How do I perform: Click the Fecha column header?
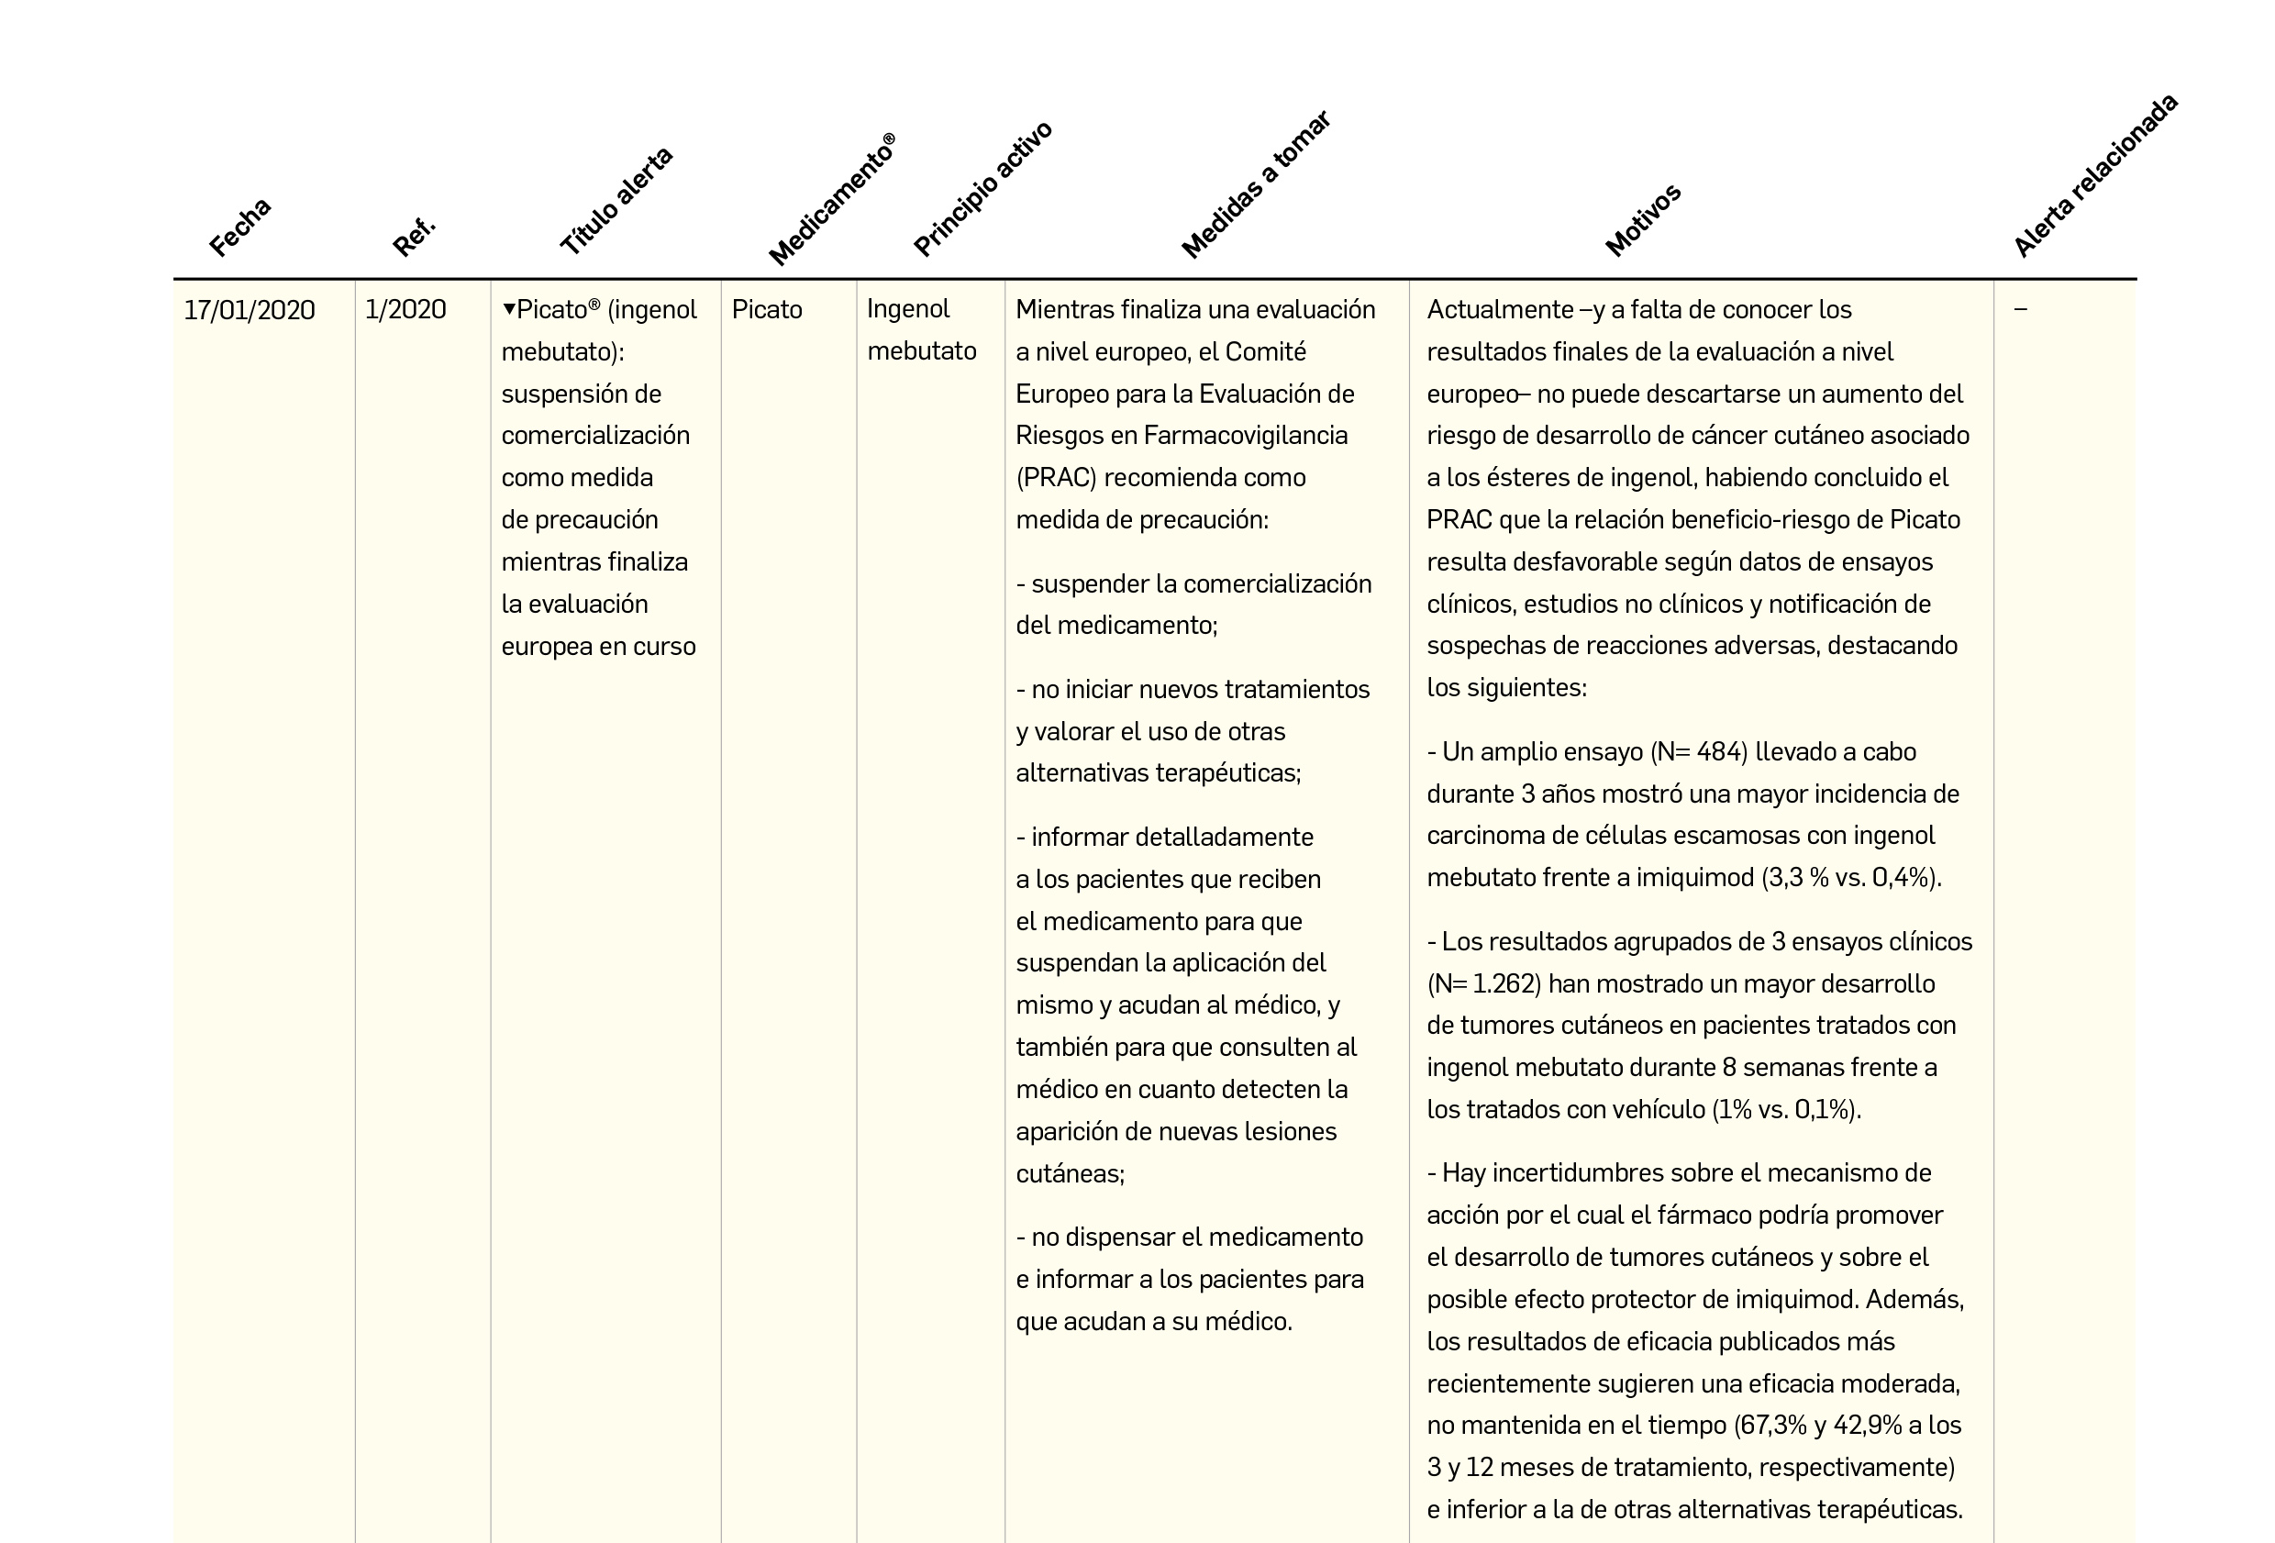239,228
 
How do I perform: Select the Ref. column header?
414,236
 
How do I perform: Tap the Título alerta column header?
616,202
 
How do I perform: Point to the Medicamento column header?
831,201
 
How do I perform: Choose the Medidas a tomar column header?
1255,185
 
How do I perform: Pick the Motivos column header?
1643,220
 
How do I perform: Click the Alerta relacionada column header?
2095,176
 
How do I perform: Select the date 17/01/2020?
250,310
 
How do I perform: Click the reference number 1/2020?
405,310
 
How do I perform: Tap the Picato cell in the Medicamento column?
767,310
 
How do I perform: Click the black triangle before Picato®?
509,309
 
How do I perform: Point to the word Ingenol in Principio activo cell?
907,309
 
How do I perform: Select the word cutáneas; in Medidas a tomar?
1070,1174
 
